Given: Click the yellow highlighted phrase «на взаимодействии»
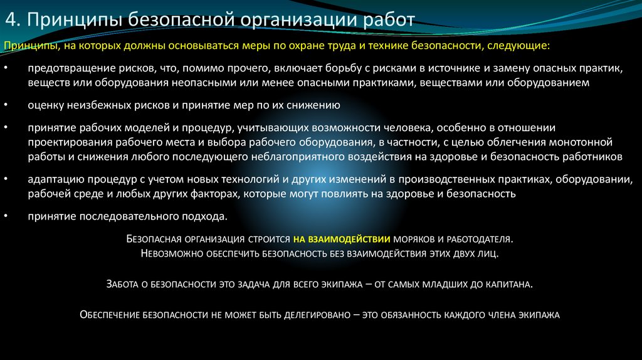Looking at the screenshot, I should click(342, 240).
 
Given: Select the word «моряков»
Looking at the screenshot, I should click(415, 240).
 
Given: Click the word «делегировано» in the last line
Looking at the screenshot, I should click(313, 315).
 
